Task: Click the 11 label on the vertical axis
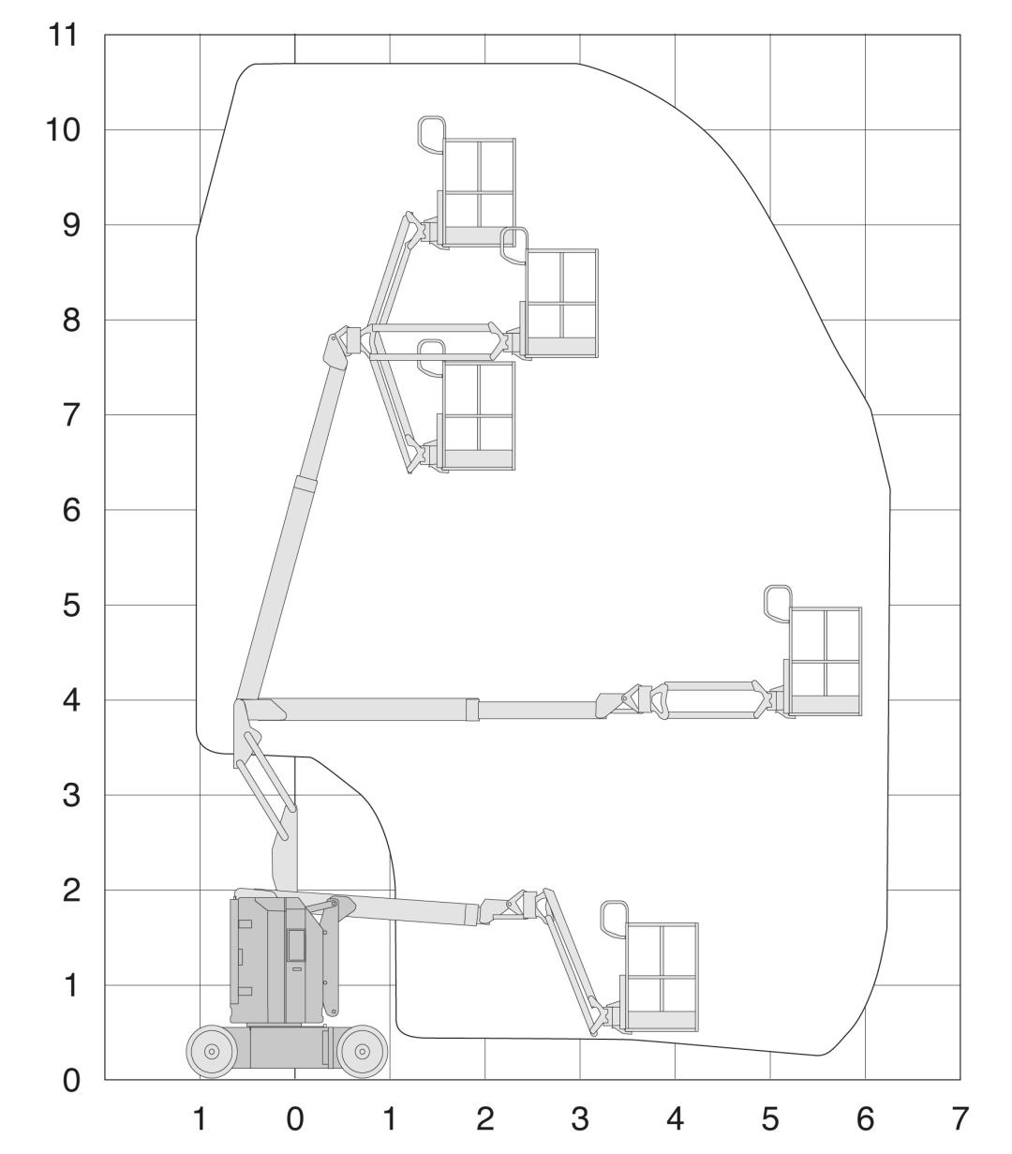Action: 63,35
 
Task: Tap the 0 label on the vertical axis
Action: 70,1080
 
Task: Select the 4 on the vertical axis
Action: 70,700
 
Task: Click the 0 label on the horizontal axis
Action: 294,1119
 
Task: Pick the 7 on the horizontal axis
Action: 960,1119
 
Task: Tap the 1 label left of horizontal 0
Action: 200,1119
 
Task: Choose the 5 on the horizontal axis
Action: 770,1119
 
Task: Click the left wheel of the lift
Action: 212,1051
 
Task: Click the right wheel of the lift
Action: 363,1051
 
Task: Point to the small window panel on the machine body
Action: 296,945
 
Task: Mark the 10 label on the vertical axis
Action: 63,130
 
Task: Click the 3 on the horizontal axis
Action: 580,1119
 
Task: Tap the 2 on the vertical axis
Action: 70,891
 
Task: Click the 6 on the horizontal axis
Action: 865,1119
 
